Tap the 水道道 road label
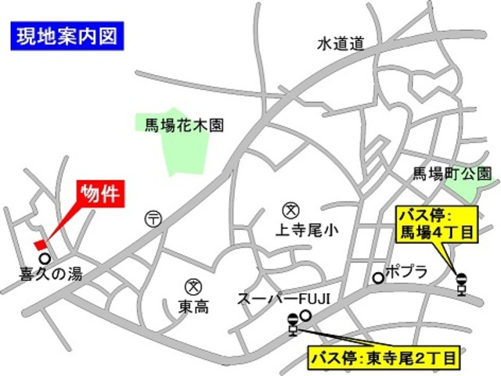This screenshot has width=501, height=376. pyautogui.click(x=341, y=45)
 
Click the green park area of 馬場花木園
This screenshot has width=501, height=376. pyautogui.click(x=187, y=153)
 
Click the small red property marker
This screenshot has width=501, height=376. pyautogui.click(x=40, y=244)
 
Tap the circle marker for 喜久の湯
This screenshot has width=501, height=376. pyautogui.click(x=45, y=258)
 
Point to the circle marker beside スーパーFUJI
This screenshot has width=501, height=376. pyautogui.click(x=306, y=316)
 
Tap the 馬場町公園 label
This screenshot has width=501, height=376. pyautogui.click(x=452, y=174)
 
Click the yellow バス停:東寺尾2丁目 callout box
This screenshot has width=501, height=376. pyautogui.click(x=384, y=359)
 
